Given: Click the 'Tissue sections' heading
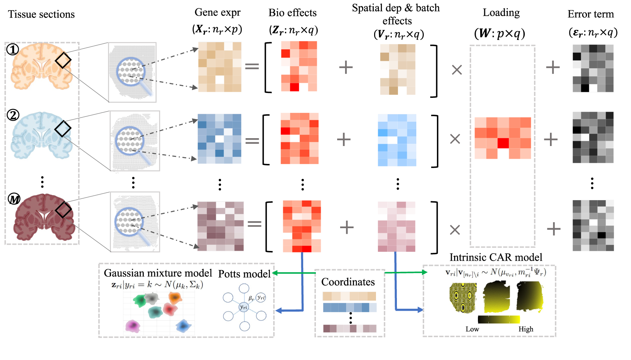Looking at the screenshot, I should click(x=41, y=14).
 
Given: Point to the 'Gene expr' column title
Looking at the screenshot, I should click(x=217, y=12).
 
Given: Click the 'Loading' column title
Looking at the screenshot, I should click(x=501, y=13).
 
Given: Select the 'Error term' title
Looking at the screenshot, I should click(x=590, y=14).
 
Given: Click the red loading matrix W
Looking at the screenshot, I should click(x=503, y=138).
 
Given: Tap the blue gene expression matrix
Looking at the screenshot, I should click(x=219, y=139).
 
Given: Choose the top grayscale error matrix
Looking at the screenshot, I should click(x=593, y=68).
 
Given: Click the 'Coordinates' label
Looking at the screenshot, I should click(x=348, y=282).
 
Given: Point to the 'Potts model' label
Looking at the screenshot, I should click(x=244, y=274).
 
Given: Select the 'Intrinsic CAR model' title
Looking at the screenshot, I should click(x=495, y=257).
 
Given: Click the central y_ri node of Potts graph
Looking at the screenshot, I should click(x=244, y=307).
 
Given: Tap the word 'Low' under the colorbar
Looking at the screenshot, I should click(x=472, y=329).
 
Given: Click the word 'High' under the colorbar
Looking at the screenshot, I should click(x=526, y=329).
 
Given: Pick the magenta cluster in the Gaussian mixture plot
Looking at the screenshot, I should click(x=133, y=326).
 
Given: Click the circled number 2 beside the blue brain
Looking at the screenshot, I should click(x=13, y=115).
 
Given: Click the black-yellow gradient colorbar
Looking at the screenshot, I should click(x=499, y=319).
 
